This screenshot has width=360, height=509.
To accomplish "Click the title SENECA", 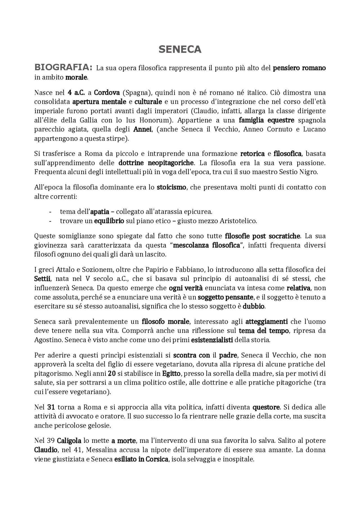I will (x=180, y=49).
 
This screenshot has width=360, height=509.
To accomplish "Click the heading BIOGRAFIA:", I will (x=63, y=67).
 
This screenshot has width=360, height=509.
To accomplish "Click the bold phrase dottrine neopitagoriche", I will (x=156, y=163).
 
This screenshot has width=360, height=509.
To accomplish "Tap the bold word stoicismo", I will (x=171, y=187).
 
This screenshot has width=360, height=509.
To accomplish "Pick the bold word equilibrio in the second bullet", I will (x=109, y=221).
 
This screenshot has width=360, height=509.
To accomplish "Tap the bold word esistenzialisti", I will (x=212, y=340).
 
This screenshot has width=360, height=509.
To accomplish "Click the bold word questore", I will (x=266, y=407).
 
